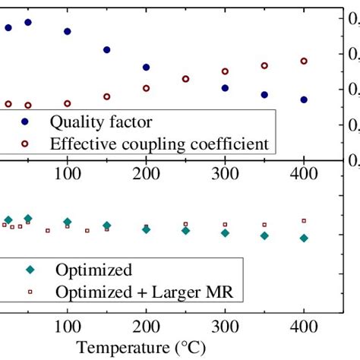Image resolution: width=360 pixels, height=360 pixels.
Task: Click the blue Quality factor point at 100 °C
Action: click(x=68, y=31)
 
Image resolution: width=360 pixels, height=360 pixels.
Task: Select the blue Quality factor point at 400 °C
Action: click(x=304, y=99)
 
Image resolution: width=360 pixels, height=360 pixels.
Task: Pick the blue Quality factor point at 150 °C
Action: click(x=107, y=50)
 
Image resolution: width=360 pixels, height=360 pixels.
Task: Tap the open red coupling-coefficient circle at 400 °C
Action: click(x=304, y=61)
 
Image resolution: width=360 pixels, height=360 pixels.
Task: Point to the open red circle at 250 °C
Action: click(x=185, y=78)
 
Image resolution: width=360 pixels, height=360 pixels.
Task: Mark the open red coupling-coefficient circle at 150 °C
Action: click(x=107, y=96)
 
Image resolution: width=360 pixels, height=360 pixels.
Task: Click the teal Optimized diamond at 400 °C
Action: click(x=304, y=238)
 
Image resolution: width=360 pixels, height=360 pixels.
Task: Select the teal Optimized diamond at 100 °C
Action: click(x=68, y=222)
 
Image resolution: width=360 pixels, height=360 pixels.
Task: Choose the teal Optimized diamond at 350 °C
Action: click(x=264, y=235)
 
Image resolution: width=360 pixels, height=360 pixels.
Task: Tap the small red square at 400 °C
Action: click(x=304, y=220)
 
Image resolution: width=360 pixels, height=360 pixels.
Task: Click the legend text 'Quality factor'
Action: click(x=101, y=122)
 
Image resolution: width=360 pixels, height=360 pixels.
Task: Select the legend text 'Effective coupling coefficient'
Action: click(x=159, y=143)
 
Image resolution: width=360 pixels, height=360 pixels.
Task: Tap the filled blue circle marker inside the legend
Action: click(x=25, y=122)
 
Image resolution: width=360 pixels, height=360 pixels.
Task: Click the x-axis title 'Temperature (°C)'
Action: click(x=147, y=348)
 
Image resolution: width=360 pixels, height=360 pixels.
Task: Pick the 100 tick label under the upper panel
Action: click(x=68, y=173)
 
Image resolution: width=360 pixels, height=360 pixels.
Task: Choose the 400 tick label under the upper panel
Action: click(x=304, y=173)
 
